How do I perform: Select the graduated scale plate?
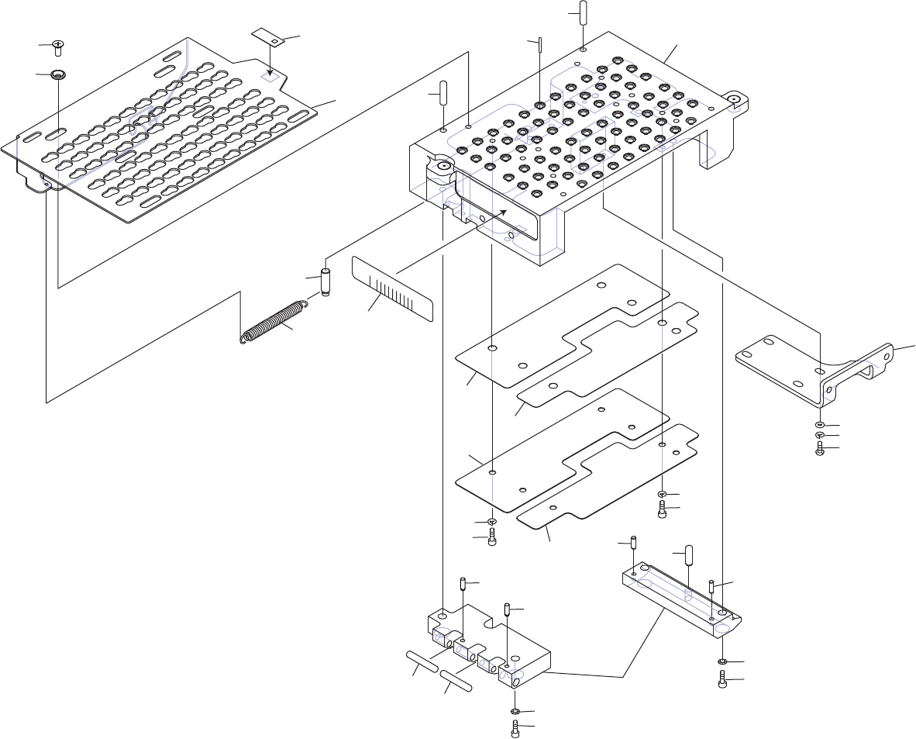pyautogui.click(x=392, y=288)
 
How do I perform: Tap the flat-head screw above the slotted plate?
pyautogui.click(x=57, y=48)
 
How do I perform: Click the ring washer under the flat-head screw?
pyautogui.click(x=58, y=74)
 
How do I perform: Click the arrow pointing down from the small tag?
pyautogui.click(x=270, y=64)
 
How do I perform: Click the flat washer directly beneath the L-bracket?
pyautogui.click(x=820, y=425)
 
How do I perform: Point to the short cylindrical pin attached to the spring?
pyautogui.click(x=325, y=282)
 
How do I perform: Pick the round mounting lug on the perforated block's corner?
pyautogui.click(x=734, y=99)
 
